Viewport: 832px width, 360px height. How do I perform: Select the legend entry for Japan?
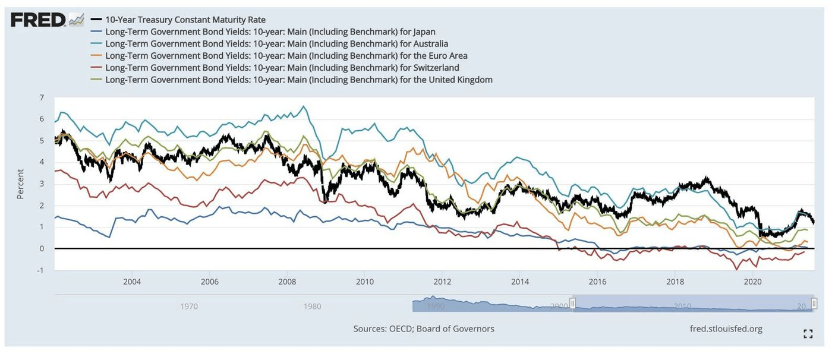tap(270, 31)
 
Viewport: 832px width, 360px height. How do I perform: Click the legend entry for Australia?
tap(276, 43)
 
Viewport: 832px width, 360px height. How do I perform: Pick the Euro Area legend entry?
tap(286, 55)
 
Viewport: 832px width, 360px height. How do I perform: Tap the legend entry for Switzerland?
tap(282, 67)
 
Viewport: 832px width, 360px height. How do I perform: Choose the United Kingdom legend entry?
tap(298, 79)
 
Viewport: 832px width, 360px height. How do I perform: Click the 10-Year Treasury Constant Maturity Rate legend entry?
tap(185, 20)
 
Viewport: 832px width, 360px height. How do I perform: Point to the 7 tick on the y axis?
tap(42, 97)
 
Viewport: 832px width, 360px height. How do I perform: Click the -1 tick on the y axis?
tap(40, 270)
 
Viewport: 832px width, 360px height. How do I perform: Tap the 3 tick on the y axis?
tap(42, 184)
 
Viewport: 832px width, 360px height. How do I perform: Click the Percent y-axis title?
tap(21, 184)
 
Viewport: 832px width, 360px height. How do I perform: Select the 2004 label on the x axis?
tap(132, 281)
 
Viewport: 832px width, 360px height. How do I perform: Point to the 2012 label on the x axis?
tap(442, 281)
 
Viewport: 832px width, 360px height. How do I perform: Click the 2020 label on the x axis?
tap(753, 281)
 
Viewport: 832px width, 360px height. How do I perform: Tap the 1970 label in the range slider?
tap(189, 307)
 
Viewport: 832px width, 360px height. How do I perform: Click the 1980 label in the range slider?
tap(313, 307)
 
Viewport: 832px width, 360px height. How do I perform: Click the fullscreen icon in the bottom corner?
tap(808, 334)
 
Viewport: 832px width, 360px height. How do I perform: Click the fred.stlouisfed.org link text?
tap(726, 329)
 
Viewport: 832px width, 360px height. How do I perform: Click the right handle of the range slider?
tap(814, 304)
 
